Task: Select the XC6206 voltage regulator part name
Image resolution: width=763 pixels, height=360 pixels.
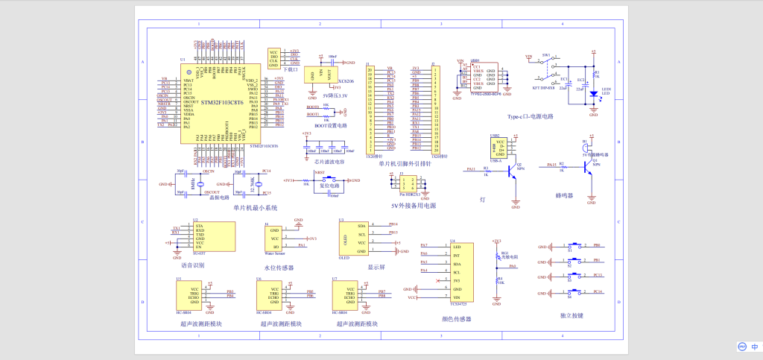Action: click(346, 80)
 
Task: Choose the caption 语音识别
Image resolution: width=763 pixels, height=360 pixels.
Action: click(192, 265)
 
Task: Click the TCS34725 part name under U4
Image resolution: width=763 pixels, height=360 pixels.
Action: click(458, 304)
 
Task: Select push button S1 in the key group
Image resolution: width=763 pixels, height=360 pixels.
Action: click(574, 245)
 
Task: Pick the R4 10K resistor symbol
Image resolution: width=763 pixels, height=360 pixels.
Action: click(497, 280)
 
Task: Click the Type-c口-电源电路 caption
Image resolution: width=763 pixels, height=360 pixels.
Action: click(530, 117)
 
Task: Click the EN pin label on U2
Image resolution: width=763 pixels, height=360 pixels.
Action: click(199, 247)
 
